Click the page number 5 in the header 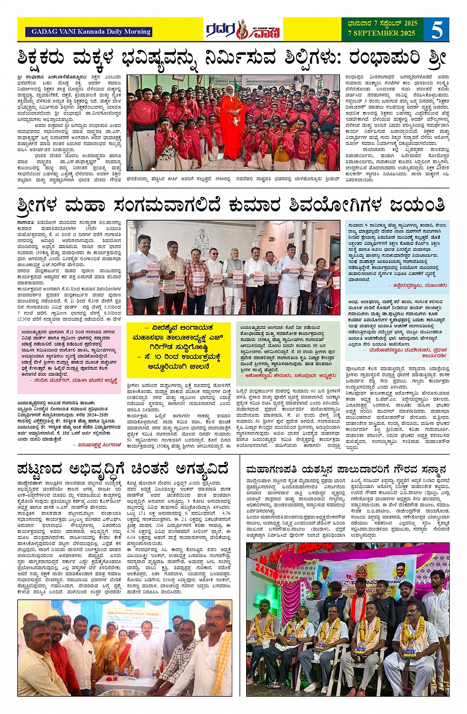[437, 30]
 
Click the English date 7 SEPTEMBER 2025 [382, 34]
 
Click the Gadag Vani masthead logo [243, 30]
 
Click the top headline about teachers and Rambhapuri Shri [232, 59]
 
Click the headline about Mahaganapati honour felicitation [346, 469]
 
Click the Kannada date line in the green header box [382, 23]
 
